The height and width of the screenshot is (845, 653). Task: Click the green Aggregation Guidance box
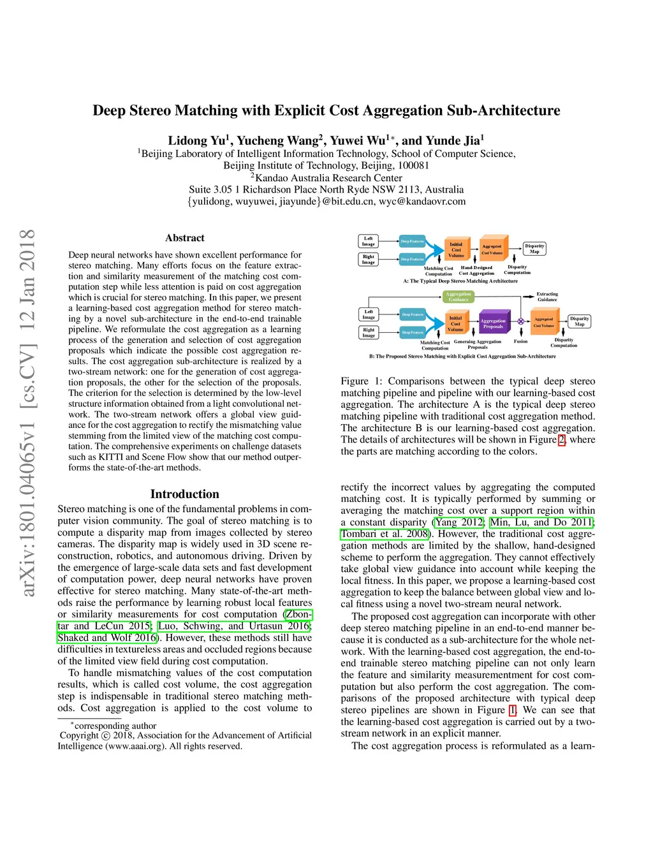459,297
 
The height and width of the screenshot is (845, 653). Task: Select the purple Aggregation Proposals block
492,323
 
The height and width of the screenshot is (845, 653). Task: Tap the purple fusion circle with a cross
521,321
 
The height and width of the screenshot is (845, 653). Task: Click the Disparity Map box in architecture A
534,249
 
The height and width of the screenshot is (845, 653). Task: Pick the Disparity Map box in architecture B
579,321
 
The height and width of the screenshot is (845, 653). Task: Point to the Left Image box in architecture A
369,241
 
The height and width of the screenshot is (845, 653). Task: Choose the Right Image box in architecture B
369,332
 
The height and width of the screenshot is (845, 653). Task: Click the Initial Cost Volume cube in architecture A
456,249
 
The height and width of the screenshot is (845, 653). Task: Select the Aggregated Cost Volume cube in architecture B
544,322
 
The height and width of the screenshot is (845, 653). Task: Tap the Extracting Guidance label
547,297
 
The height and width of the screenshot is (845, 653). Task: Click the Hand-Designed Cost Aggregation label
476,270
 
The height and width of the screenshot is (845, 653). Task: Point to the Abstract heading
185,238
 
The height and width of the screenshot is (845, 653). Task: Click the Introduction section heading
185,494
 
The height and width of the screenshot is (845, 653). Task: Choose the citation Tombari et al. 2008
385,534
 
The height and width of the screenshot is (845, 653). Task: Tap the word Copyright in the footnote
79,735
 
